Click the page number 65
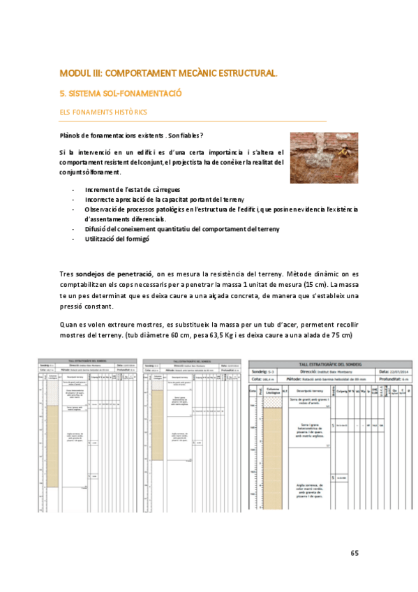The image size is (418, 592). click(x=354, y=553)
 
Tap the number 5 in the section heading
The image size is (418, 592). click(x=62, y=93)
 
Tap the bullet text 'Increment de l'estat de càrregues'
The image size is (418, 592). click(x=133, y=190)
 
